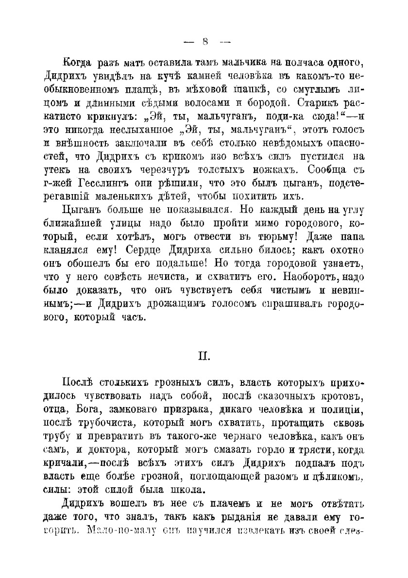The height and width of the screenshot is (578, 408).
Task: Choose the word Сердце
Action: click(x=144, y=252)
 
